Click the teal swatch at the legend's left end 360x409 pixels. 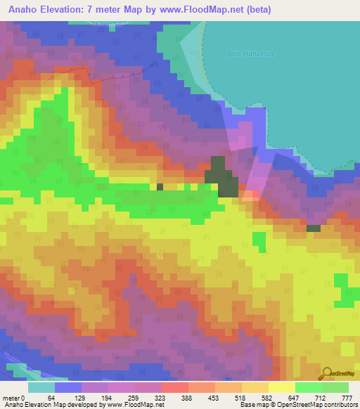click(41, 387)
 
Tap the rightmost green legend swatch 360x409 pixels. click(335, 387)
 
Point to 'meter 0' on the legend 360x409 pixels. click(13, 398)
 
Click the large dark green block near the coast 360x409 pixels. click(224, 177)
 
